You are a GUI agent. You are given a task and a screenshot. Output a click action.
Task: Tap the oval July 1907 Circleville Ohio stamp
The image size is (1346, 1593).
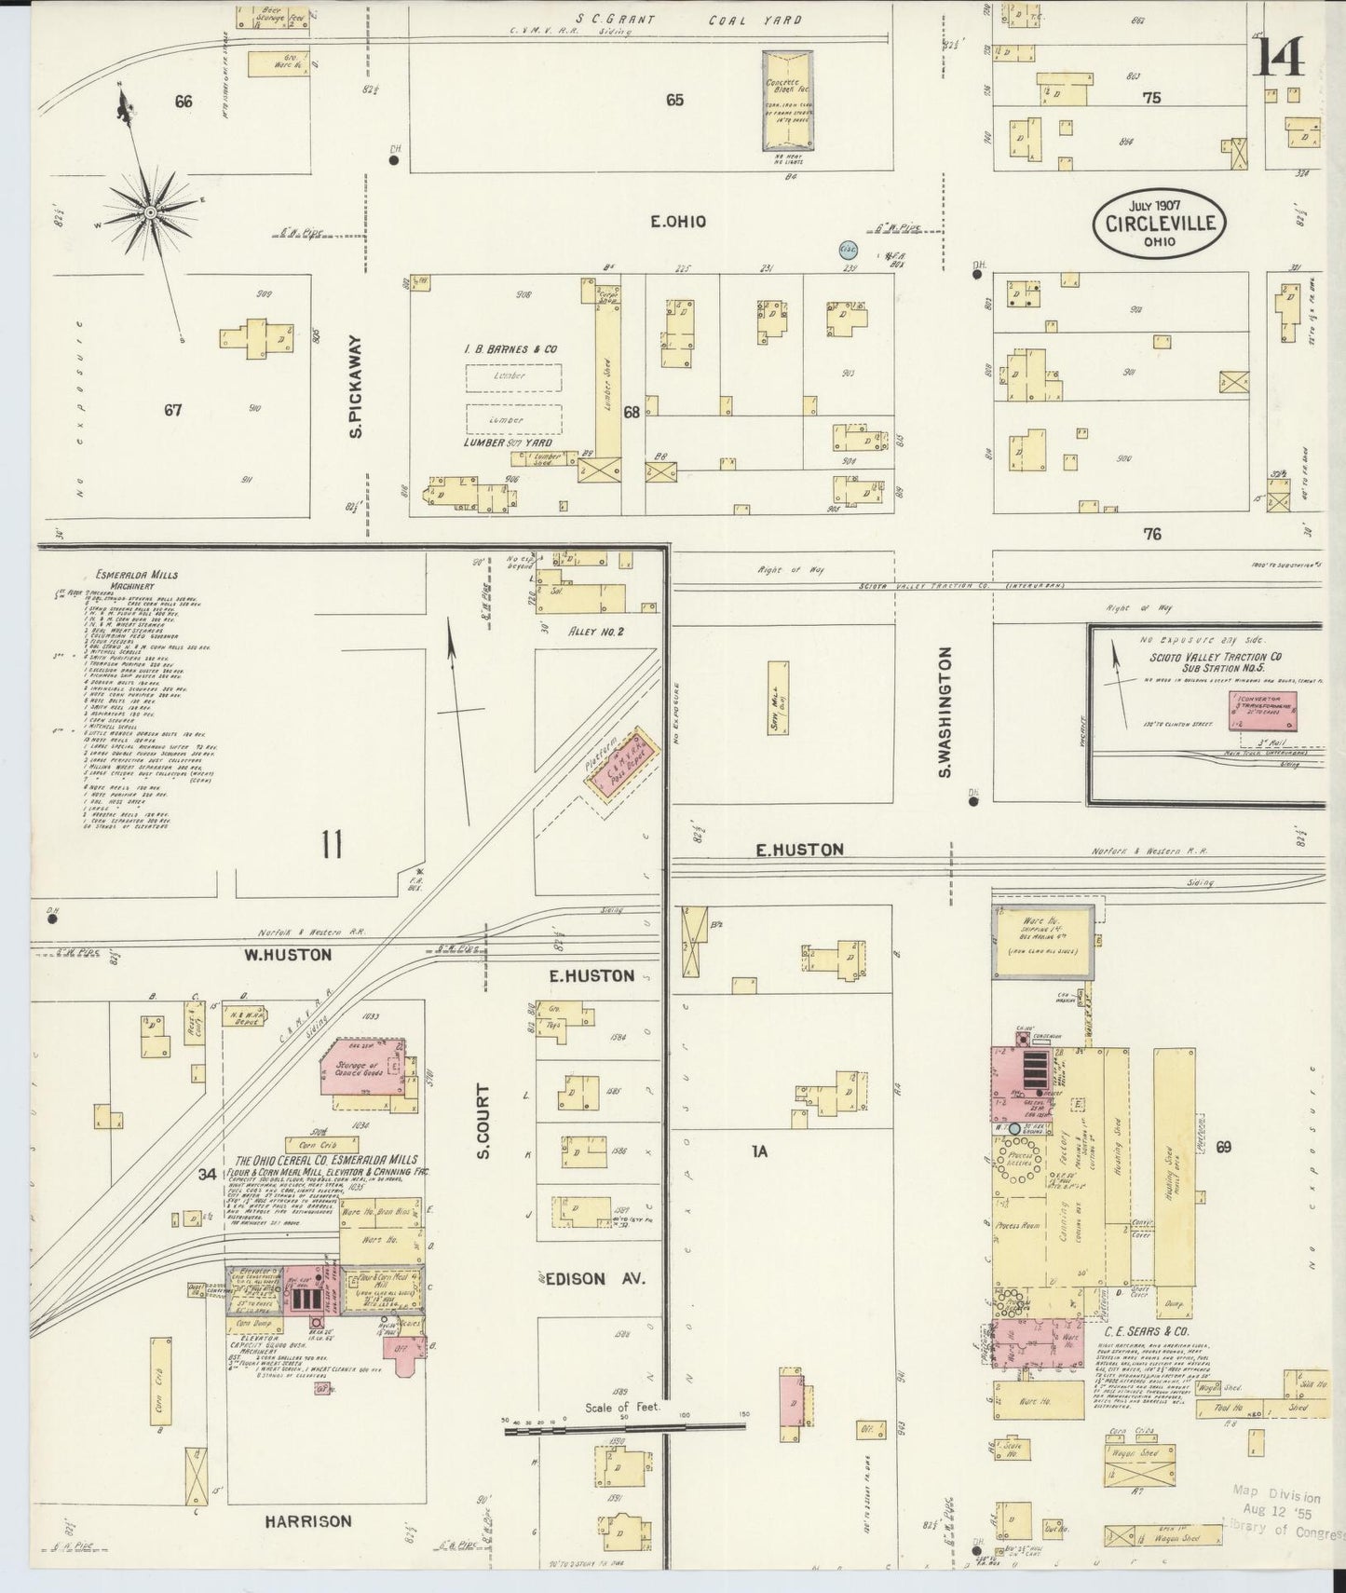point(1159,225)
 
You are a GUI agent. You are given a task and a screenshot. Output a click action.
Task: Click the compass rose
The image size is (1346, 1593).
point(148,213)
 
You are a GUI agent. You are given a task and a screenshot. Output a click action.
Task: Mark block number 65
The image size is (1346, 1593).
point(674,100)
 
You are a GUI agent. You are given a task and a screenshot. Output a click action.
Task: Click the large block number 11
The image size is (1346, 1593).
point(332,845)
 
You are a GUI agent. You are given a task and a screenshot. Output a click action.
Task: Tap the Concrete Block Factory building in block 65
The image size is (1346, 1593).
point(788,101)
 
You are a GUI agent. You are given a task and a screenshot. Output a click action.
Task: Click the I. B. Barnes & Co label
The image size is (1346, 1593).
point(511,348)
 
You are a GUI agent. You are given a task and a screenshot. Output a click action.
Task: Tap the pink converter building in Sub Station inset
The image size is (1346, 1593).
point(1263,711)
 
